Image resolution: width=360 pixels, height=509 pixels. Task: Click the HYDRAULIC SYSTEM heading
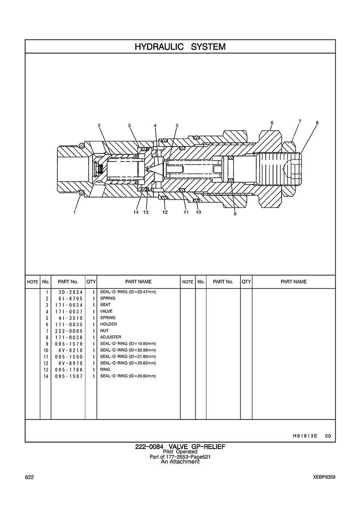tap(180, 47)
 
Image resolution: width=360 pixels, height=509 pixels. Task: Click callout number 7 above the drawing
tap(300, 121)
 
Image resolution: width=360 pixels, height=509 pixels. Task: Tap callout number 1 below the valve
tap(75, 213)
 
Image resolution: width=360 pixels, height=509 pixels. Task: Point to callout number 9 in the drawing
tap(235, 214)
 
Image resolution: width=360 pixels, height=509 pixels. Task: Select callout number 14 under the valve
tap(136, 213)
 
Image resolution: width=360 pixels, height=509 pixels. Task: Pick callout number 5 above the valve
tap(177, 125)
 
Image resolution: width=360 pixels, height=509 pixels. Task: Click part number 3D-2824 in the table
tap(69, 292)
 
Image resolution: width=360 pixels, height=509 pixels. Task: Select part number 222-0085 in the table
tap(69, 331)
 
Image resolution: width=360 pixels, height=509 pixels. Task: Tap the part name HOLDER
tap(108, 324)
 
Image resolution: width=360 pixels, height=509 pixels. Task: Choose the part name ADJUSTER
tap(111, 337)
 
